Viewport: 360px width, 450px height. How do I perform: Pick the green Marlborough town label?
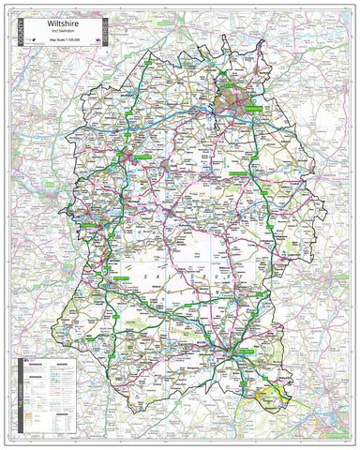pyautogui.click(x=258, y=175)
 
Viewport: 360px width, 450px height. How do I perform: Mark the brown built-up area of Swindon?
pyautogui.click(x=232, y=98)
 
